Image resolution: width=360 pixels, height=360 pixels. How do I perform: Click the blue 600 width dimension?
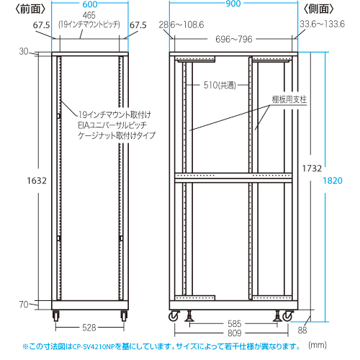point(90,4)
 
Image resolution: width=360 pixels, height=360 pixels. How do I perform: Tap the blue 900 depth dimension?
point(233,4)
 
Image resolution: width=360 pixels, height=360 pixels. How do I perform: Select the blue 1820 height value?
point(333,181)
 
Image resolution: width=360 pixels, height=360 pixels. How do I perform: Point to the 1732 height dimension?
point(312,168)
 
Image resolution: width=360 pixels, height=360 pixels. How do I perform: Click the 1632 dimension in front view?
point(37,181)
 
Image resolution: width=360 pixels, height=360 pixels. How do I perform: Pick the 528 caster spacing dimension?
point(89,328)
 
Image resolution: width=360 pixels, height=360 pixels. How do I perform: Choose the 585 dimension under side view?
point(234,324)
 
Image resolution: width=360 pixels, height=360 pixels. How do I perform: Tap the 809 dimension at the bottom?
point(234,333)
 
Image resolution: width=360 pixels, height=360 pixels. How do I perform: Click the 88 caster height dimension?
point(302,330)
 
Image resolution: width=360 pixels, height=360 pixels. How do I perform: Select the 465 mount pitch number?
point(89,15)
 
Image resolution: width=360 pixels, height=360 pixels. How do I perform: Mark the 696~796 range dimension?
point(234,39)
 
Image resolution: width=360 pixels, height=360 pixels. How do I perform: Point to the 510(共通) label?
point(220,85)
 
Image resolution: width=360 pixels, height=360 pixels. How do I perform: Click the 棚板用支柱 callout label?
point(289,99)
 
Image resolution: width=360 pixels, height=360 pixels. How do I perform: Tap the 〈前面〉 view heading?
point(30,9)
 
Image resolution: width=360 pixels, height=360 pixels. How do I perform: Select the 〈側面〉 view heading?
point(318,9)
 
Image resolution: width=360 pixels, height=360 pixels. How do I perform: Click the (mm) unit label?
point(318,345)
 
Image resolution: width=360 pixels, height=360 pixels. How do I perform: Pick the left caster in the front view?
point(56,315)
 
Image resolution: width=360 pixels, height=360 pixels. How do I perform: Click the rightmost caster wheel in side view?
point(287,316)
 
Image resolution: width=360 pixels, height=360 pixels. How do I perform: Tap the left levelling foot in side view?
point(189,315)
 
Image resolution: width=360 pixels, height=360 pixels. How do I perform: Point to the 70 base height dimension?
point(24,305)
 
